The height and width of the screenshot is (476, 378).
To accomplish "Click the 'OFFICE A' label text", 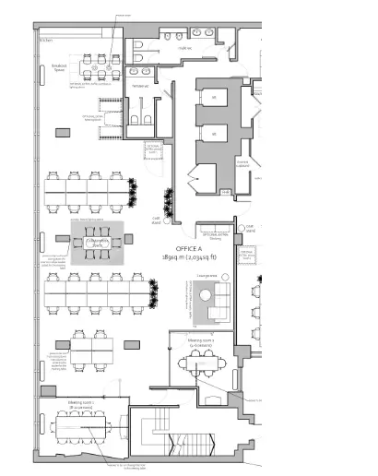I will click(x=188, y=248).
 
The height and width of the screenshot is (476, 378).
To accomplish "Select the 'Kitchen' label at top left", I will click(x=45, y=41).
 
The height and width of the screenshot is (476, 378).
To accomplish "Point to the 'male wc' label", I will click(x=183, y=46).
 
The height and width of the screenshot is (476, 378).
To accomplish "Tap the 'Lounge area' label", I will click(x=207, y=276).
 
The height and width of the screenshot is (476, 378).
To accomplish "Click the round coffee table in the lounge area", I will click(x=205, y=295).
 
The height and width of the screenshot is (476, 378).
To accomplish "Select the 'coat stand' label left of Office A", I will click(x=156, y=220).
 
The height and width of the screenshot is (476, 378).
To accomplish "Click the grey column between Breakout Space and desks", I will click(x=62, y=133).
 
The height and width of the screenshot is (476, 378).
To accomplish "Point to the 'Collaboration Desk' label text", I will click(x=96, y=243).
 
